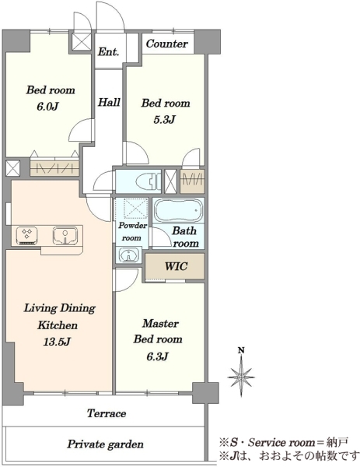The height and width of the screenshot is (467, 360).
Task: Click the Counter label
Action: coord(166,44)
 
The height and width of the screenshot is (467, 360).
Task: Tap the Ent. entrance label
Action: coord(109,52)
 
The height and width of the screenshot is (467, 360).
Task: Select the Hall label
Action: coord(109,103)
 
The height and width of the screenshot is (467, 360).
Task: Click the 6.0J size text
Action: coord(47,107)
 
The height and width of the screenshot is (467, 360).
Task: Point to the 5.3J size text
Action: coord(165,119)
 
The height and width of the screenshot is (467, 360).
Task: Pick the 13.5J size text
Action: coord(57,342)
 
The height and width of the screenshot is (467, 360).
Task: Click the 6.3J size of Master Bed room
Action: coord(158,356)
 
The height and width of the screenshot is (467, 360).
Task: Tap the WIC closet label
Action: coord(177,266)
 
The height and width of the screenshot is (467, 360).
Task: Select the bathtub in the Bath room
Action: coord(178,210)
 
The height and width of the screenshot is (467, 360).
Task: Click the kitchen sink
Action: coord(65,236)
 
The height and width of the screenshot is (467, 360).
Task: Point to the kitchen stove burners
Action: coord(26,235)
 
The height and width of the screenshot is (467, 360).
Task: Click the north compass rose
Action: coord(241,377)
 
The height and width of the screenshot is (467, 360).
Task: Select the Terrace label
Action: coord(107,413)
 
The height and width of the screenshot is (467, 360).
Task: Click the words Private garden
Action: coord(105,444)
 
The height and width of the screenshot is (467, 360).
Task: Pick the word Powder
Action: coord(133,226)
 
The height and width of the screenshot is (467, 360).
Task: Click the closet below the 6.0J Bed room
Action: coord(54,168)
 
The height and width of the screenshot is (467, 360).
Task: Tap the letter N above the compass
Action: coord(241,350)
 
